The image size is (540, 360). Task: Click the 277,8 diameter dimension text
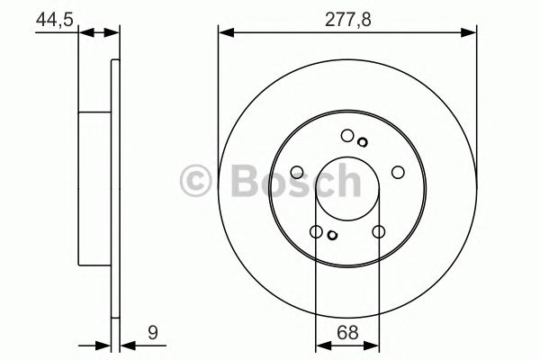tap(347, 15)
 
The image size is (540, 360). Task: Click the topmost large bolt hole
tap(347, 136)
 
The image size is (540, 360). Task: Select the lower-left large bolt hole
tap(316, 232)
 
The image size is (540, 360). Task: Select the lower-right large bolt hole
tap(378, 232)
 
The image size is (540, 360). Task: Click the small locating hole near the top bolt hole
tap(362, 140)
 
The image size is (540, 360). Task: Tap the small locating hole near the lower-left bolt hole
tap(332, 236)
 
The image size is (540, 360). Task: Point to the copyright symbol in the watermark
tap(196, 179)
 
